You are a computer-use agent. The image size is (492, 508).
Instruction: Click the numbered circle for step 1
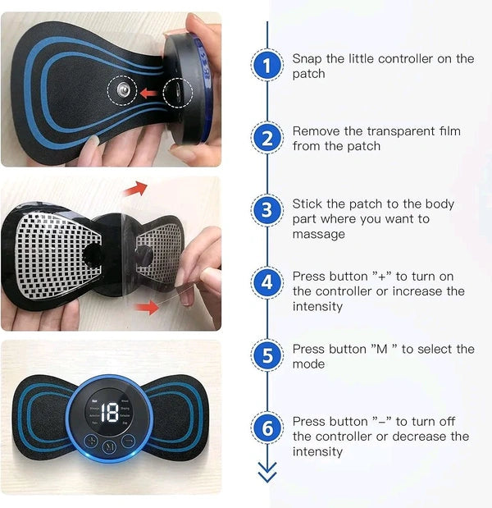[x=266, y=66]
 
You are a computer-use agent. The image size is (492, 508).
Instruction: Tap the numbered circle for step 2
[x=266, y=139]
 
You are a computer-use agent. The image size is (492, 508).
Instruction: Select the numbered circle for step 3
[x=266, y=211]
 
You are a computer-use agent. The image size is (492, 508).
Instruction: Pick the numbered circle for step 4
[x=266, y=283]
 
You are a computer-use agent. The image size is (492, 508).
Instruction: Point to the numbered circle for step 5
[x=266, y=355]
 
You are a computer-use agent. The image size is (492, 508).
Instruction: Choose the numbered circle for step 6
[x=266, y=428]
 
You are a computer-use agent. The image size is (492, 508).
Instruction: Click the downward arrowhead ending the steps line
[x=266, y=474]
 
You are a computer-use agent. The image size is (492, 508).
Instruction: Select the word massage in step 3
[x=317, y=234]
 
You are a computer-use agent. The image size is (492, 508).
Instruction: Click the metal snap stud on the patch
[x=124, y=91]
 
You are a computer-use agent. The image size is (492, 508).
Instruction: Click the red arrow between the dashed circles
[x=149, y=93]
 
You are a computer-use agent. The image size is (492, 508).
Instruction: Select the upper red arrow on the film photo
[x=136, y=189]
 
